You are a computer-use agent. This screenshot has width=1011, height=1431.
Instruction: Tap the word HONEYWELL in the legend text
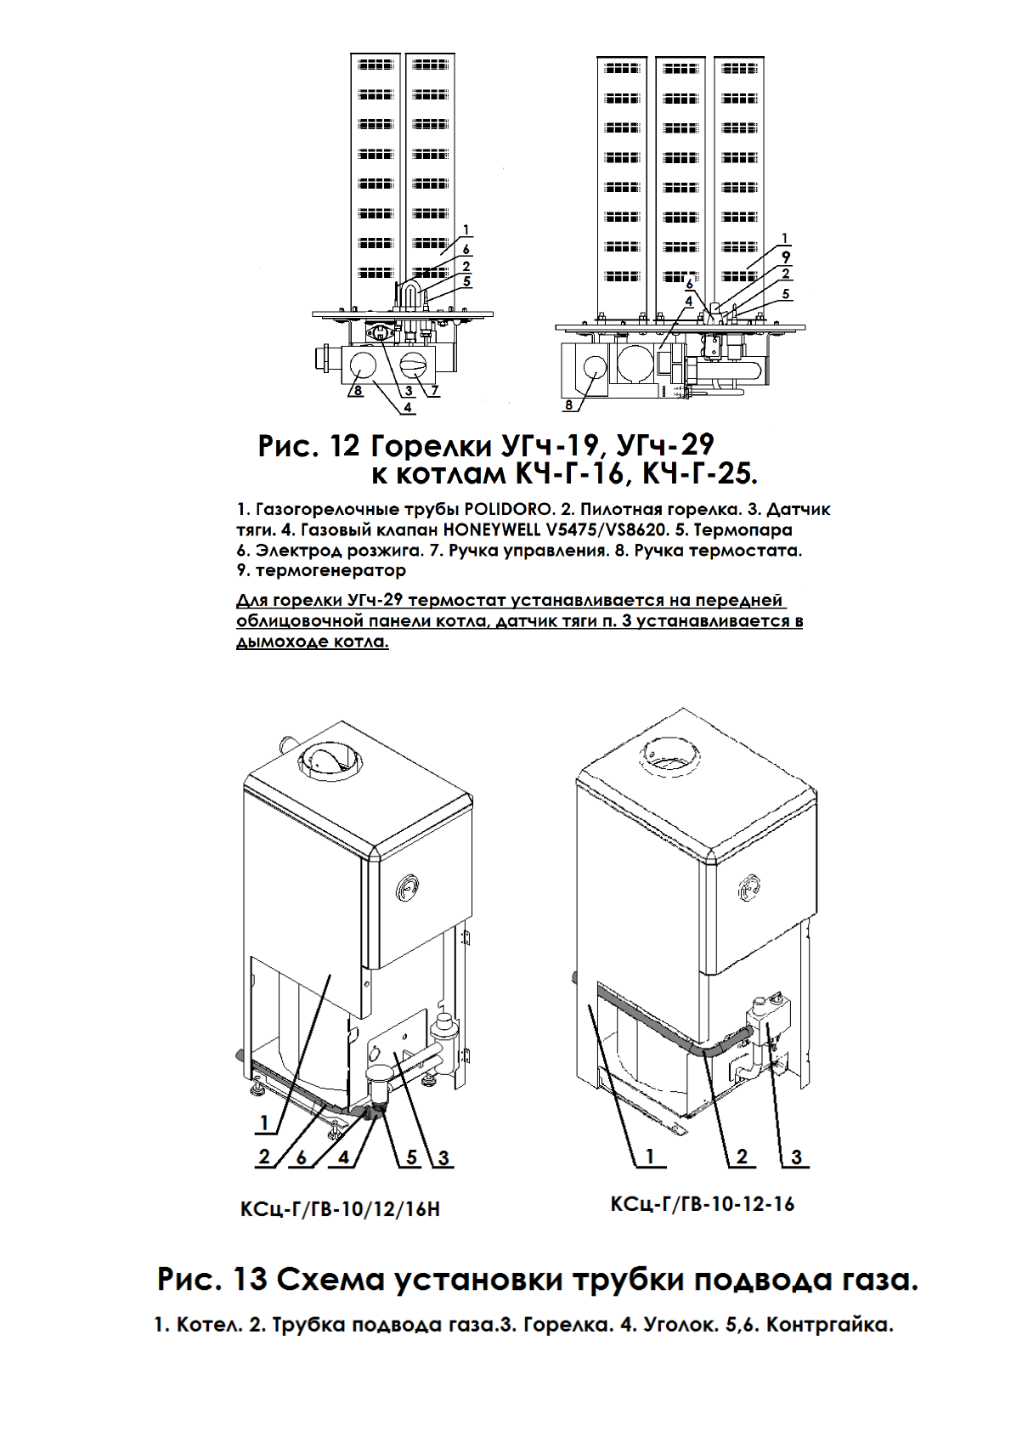tap(490, 530)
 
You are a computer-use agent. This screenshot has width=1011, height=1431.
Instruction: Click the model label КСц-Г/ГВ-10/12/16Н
tap(340, 1209)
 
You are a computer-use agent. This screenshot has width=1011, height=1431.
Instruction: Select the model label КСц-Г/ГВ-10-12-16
tap(702, 1204)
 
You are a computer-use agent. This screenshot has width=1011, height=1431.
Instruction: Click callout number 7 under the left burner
tap(434, 391)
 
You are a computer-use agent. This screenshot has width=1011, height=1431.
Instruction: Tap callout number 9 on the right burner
tap(786, 257)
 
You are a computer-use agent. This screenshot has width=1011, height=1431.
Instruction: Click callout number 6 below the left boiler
tap(302, 1157)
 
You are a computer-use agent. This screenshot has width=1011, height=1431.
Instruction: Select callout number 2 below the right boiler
tap(742, 1157)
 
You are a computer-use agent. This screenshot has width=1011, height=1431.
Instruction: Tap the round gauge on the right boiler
tap(751, 887)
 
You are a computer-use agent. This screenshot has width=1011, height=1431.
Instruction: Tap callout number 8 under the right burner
tap(569, 405)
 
